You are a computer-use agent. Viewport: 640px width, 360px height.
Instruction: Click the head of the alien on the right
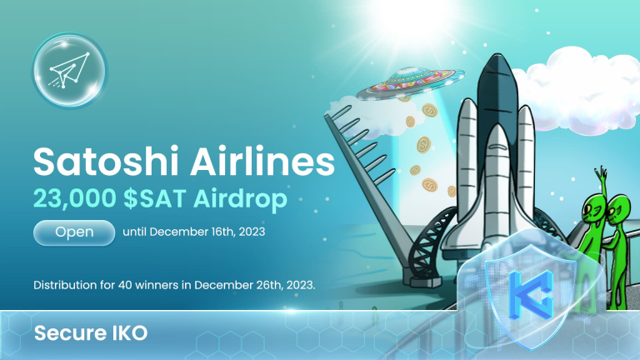[x=622, y=208]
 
